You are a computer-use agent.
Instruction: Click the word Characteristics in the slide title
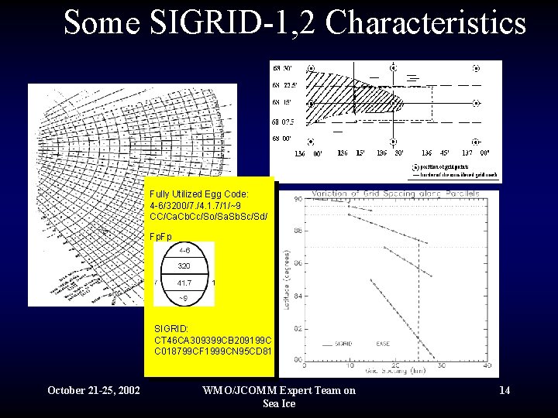(x=425, y=22)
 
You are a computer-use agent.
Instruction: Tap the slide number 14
(x=505, y=390)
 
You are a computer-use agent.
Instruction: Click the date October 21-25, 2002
(x=94, y=390)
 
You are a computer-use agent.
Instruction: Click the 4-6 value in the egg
(x=185, y=251)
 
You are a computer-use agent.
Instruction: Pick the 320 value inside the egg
(x=184, y=266)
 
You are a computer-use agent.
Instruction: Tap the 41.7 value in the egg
(x=184, y=283)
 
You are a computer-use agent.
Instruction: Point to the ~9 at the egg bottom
(x=184, y=298)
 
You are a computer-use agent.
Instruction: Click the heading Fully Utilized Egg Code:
(x=199, y=194)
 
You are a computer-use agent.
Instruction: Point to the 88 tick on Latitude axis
(x=298, y=231)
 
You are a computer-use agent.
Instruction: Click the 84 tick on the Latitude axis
(x=298, y=295)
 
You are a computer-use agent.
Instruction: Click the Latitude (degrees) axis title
(x=288, y=279)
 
